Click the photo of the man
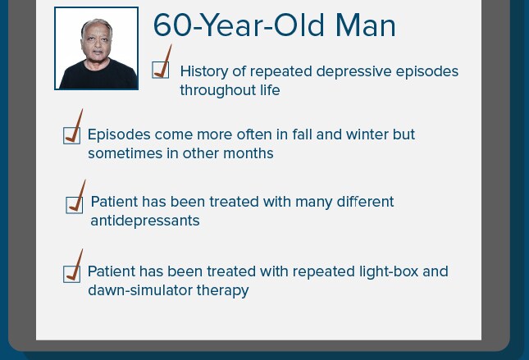click(96, 48)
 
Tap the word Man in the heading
click(365, 25)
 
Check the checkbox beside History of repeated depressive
click(161, 70)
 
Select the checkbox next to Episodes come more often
click(71, 135)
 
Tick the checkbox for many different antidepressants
click(74, 205)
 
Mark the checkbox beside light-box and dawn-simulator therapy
click(71, 274)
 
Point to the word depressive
click(354, 71)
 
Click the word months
click(249, 153)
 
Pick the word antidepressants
click(145, 221)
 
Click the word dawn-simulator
click(140, 290)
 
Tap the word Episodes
click(119, 134)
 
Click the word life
click(270, 90)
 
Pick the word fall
click(302, 134)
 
